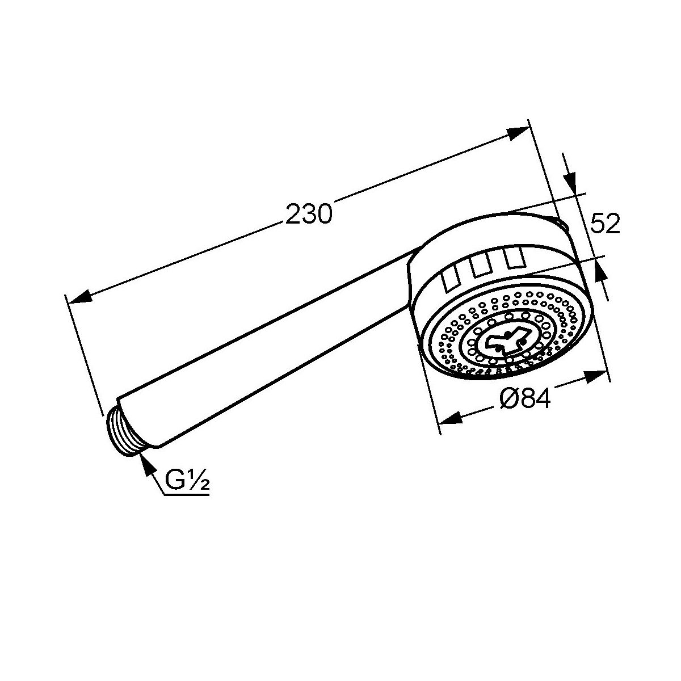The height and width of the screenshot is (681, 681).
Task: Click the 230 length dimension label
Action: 309,213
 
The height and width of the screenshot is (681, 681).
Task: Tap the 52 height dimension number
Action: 606,224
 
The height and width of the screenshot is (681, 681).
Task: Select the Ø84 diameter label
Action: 526,398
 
